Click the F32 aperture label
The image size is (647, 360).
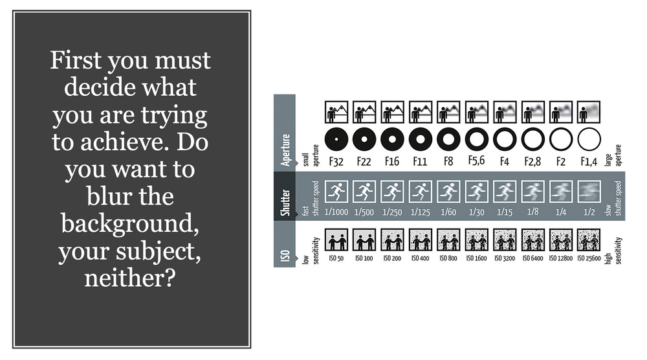tap(336, 161)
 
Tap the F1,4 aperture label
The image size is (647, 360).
tap(589, 161)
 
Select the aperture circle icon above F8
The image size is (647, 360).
tap(448, 139)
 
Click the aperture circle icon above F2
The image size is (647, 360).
tap(561, 139)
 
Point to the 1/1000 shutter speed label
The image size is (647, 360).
tap(336, 212)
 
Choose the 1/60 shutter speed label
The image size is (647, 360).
tap(448, 212)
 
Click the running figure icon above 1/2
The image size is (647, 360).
tap(589, 192)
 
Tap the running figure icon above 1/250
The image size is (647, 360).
tap(393, 192)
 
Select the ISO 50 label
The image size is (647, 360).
tap(336, 258)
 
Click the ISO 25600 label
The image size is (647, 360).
tap(589, 258)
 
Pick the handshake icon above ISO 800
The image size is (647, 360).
tap(448, 240)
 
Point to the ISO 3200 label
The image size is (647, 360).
tap(505, 258)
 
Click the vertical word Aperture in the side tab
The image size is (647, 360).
tap(285, 150)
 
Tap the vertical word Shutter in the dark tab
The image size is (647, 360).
tap(285, 202)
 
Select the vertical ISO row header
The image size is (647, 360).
tap(285, 256)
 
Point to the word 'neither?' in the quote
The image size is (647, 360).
tap(130, 278)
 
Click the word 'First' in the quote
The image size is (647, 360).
tap(76, 60)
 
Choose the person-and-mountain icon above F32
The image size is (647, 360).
tap(336, 112)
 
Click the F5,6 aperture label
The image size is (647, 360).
tap(476, 161)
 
